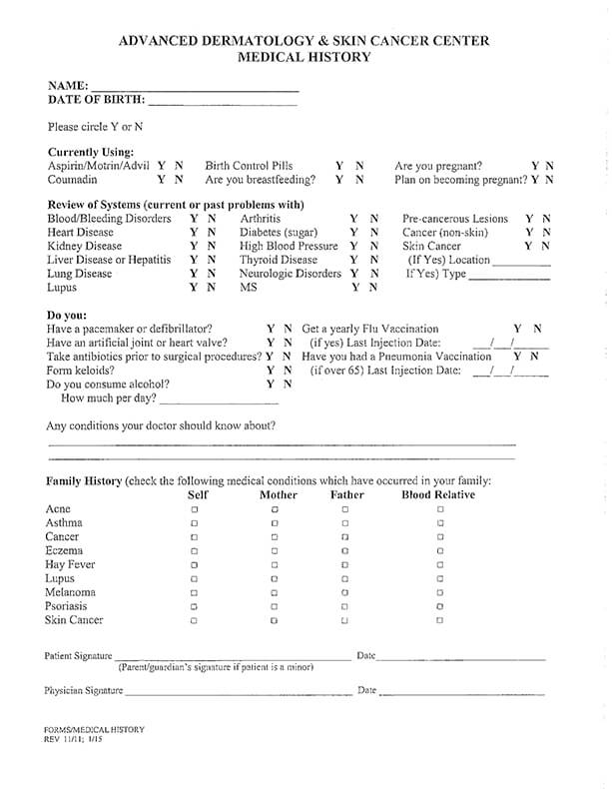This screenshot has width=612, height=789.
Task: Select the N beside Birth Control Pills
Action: point(359,166)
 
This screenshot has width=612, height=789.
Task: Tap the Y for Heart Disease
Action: point(194,232)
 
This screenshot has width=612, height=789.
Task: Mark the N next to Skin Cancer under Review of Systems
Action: point(545,246)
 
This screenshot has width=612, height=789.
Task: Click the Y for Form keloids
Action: point(271,370)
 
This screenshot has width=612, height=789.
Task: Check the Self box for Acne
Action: point(195,509)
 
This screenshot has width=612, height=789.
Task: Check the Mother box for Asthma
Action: point(275,523)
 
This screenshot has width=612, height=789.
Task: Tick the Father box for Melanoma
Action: point(344,592)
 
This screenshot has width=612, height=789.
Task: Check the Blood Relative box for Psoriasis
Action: point(440,606)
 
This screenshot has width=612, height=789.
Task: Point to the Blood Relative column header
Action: point(438,494)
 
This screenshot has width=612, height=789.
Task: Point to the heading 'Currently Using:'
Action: point(91,152)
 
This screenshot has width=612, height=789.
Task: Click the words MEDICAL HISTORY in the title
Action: point(304,58)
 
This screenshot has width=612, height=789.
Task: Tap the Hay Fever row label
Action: point(70,564)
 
